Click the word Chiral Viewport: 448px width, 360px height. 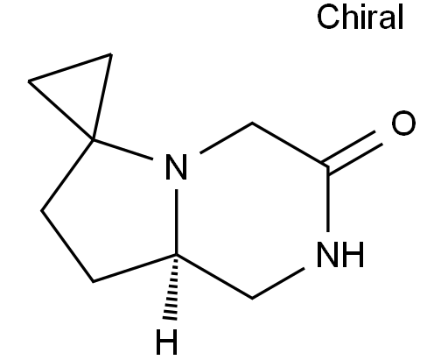360,17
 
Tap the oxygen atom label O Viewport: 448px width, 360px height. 403,123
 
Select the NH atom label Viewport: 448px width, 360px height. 340,254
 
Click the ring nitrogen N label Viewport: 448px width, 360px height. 176,166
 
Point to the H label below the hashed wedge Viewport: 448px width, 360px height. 166,342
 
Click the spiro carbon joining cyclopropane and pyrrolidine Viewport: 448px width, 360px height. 94,140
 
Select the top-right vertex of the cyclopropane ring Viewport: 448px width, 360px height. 111,54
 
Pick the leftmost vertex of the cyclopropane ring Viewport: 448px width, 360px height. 29,81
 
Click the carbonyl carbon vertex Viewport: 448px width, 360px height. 328,166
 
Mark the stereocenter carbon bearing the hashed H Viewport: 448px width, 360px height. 177,255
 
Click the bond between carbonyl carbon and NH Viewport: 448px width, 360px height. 328,200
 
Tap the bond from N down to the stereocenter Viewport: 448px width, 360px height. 177,222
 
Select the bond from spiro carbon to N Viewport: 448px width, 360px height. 123,150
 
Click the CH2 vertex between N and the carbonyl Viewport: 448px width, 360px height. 252,124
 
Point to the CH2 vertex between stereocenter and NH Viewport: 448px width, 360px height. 252,298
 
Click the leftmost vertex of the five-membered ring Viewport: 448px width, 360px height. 41,210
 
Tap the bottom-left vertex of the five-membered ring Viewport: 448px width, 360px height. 93,281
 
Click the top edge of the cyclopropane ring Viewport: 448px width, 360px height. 70,67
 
